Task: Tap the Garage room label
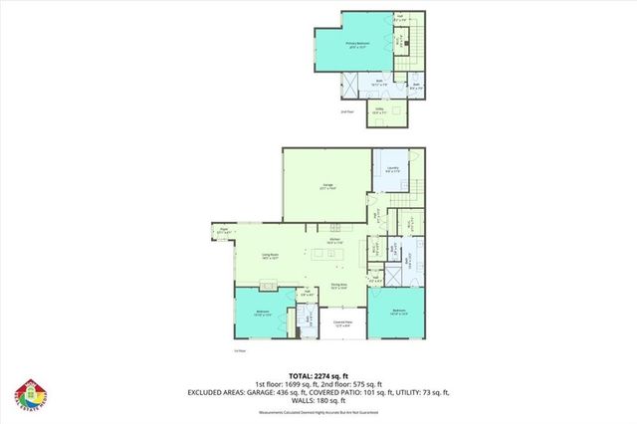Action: (327, 188)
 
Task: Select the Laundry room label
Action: (392, 169)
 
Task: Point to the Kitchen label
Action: (336, 242)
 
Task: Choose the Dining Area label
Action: (338, 286)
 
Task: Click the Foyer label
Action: (224, 234)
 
